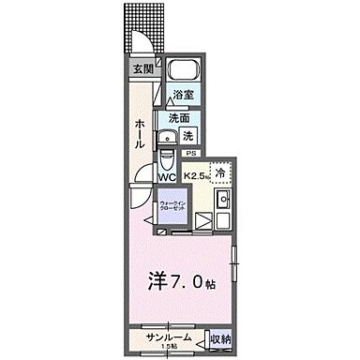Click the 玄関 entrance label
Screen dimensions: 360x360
(142, 69)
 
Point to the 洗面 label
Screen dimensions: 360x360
(180, 118)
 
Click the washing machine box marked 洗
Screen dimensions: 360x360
(187, 135)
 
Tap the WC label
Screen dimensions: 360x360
(167, 175)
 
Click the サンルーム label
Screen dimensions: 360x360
(167, 337)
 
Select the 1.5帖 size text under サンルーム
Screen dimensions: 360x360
(168, 347)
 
